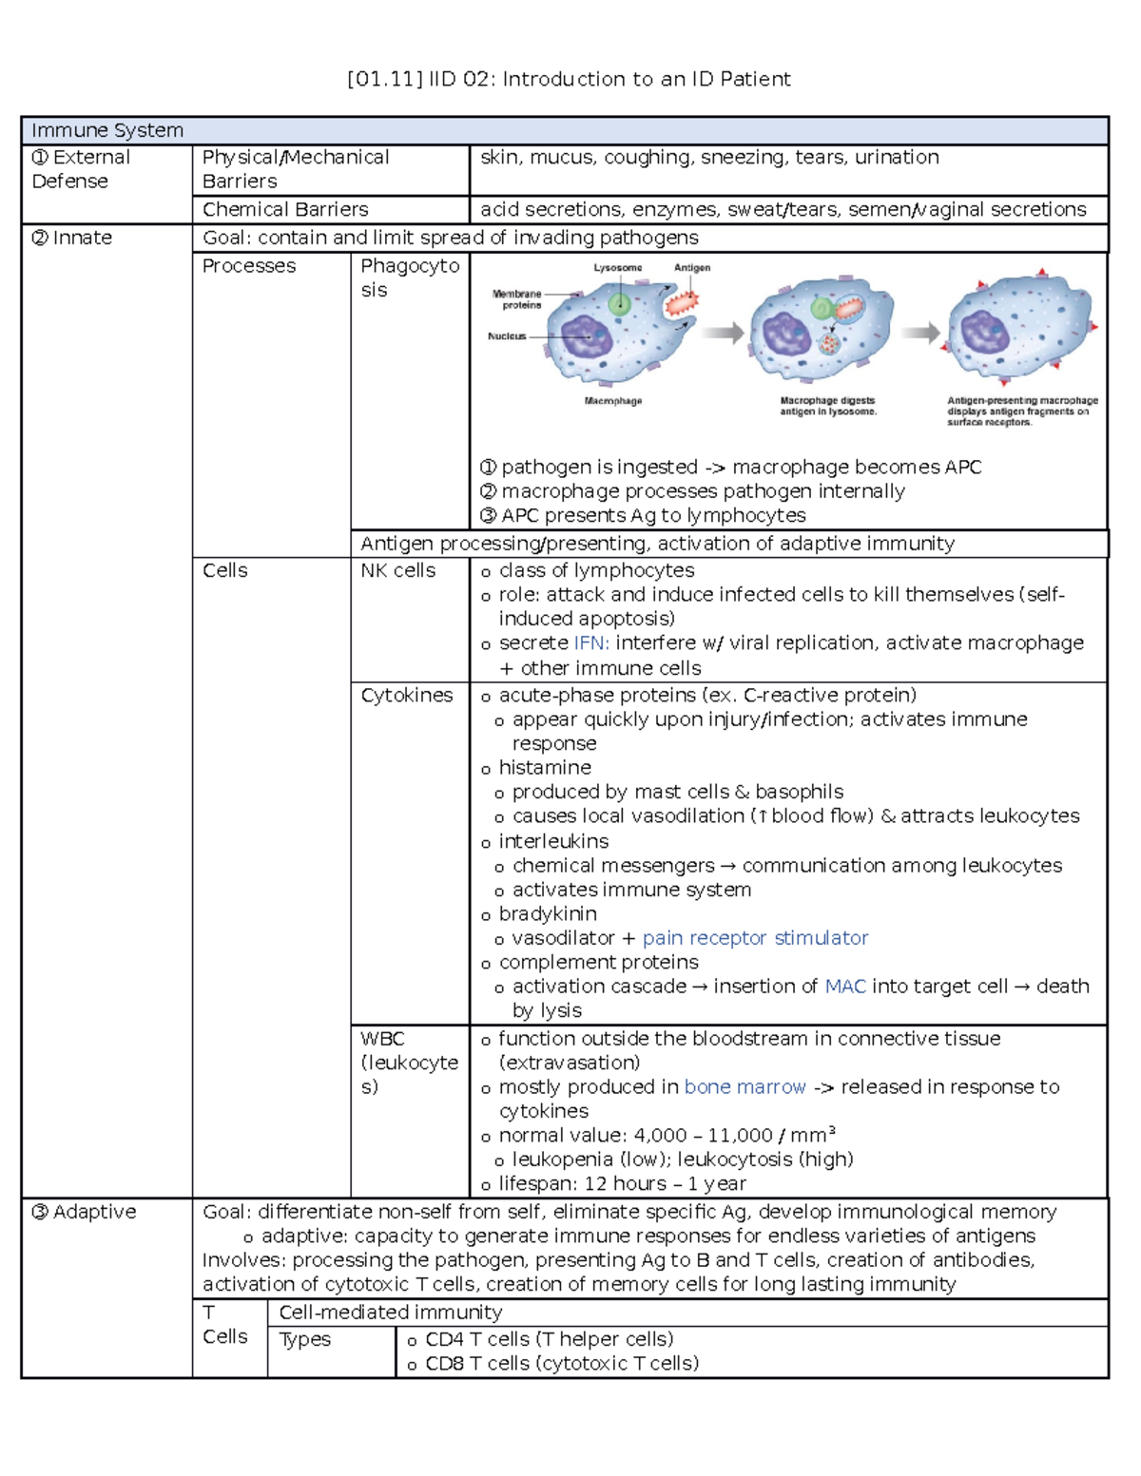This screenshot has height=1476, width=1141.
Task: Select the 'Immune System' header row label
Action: pyautogui.click(x=107, y=130)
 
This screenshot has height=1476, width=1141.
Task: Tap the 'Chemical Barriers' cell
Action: pyautogui.click(x=285, y=209)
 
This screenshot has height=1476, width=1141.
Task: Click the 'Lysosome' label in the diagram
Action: pyautogui.click(x=618, y=268)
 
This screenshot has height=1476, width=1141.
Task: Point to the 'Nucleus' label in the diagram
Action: pyautogui.click(x=507, y=336)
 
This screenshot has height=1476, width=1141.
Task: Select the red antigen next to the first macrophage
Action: pyautogui.click(x=681, y=302)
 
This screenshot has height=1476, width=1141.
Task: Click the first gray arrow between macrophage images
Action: pyautogui.click(x=724, y=333)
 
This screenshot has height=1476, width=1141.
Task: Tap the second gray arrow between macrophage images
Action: pyautogui.click(x=920, y=333)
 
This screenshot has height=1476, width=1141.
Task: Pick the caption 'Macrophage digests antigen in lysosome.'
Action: pyautogui.click(x=828, y=406)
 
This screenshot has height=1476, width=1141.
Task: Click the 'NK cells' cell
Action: pyautogui.click(x=397, y=570)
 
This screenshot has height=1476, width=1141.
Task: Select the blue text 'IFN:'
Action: pyautogui.click(x=591, y=642)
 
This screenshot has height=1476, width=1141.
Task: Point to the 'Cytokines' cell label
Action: pyautogui.click(x=406, y=695)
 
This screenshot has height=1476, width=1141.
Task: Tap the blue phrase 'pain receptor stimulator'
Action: pyautogui.click(x=755, y=938)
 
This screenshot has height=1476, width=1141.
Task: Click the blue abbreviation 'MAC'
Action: pyautogui.click(x=845, y=987)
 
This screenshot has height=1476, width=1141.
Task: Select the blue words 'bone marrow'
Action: pyautogui.click(x=745, y=1086)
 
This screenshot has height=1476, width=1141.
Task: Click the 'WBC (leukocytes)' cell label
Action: pyautogui.click(x=409, y=1063)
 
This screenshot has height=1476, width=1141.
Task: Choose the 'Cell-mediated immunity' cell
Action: pyautogui.click(x=390, y=1312)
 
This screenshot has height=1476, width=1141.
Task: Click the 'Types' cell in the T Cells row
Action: pyautogui.click(x=305, y=1339)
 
